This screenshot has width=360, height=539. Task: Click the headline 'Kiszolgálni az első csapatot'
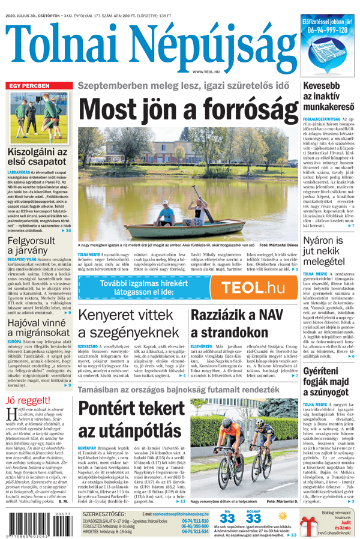click(x=38, y=159)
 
